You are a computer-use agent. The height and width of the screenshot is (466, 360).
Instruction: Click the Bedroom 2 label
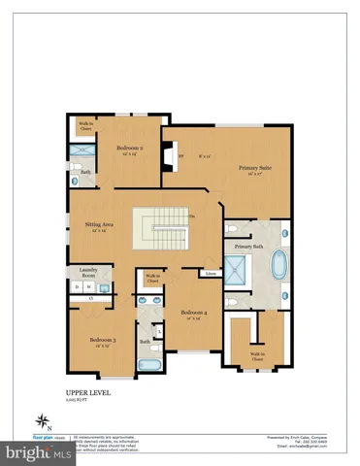click(130, 149)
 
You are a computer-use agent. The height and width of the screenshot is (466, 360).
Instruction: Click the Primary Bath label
click(248, 247)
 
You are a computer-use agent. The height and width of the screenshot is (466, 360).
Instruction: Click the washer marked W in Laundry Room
click(87, 287)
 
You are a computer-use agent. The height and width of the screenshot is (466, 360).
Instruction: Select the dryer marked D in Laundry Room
click(77, 287)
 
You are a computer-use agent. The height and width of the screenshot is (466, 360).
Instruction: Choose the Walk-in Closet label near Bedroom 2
click(85, 126)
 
